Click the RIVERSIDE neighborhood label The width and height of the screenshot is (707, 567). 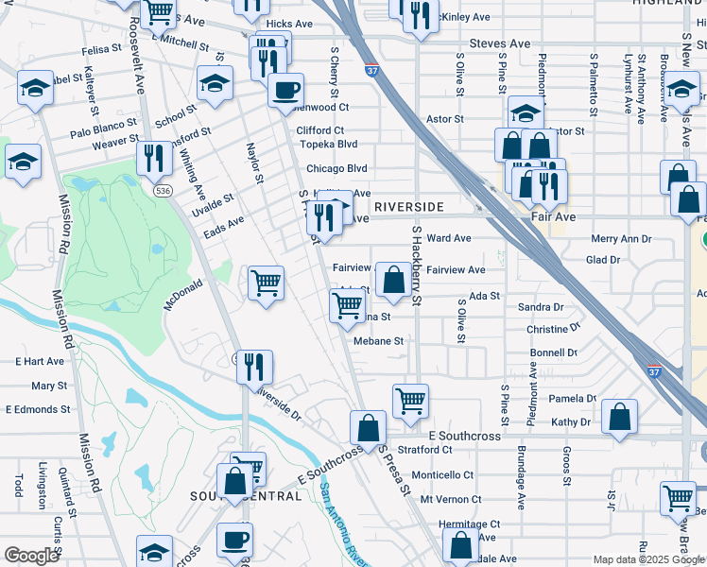click(408, 206)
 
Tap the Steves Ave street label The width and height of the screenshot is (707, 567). click(500, 43)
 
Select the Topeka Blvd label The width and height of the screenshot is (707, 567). click(328, 145)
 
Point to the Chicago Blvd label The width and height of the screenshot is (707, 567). click(336, 168)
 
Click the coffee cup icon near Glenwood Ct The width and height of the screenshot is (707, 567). click(285, 91)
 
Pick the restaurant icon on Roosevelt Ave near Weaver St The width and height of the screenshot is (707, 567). click(151, 157)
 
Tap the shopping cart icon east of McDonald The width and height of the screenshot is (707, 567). click(267, 282)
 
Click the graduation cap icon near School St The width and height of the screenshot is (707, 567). click(216, 82)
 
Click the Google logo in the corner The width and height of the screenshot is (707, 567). click(31, 556)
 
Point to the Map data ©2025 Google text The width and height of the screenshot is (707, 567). click(647, 559)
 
